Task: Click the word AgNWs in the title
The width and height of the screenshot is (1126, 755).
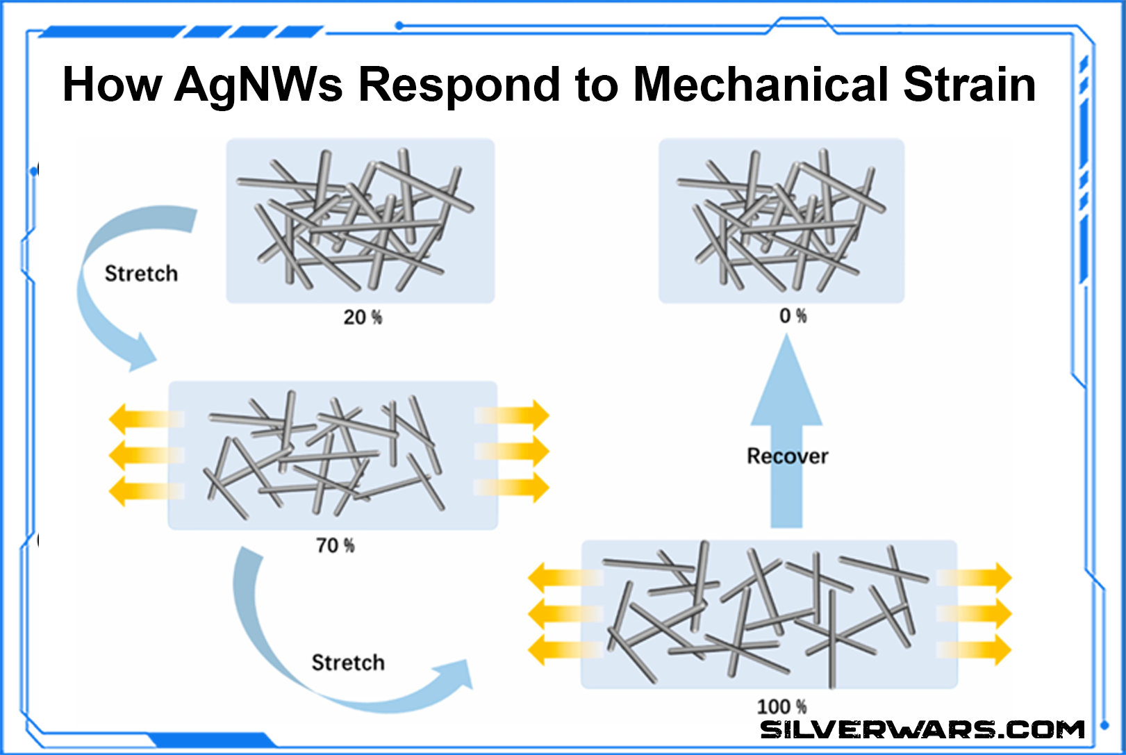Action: [x=258, y=85]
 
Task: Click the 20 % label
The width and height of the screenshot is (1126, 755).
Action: [x=363, y=317]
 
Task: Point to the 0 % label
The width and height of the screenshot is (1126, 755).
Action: [x=793, y=315]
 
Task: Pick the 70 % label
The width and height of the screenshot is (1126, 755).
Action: [x=336, y=545]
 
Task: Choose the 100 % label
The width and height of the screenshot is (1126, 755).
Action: [x=781, y=707]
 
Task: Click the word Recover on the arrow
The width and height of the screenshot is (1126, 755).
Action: [x=787, y=456]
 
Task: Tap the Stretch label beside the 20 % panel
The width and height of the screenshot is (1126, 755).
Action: [x=141, y=274]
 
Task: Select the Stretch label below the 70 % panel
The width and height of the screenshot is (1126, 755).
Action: [x=348, y=663]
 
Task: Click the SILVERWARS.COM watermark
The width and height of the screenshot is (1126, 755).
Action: [x=921, y=729]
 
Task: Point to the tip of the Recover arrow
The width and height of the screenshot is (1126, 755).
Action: [x=786, y=334]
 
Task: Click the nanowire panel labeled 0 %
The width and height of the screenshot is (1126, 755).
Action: [x=781, y=221]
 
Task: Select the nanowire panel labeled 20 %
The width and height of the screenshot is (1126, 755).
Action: [x=361, y=221]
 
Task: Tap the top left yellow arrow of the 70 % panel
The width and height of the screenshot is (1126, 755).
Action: [x=147, y=418]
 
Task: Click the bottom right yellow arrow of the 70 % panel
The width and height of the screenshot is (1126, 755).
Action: [x=512, y=488]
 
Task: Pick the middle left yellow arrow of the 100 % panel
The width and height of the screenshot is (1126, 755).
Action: [x=565, y=613]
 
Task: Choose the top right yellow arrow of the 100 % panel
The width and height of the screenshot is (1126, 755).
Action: [x=974, y=578]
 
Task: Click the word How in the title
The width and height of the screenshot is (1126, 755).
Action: [x=112, y=85]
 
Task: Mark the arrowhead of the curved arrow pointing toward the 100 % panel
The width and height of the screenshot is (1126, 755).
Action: [x=455, y=674]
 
